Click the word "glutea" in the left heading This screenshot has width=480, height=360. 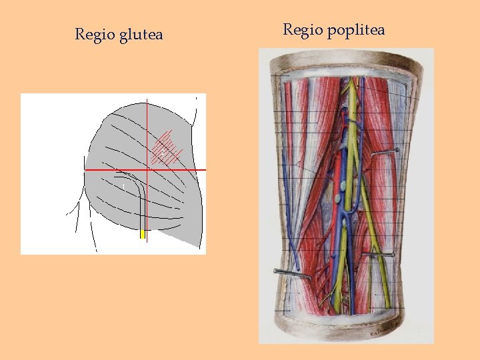(141, 35)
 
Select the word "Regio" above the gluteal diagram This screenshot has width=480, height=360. (95, 34)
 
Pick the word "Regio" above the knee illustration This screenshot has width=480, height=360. (303, 30)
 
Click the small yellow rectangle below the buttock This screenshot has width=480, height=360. (142, 234)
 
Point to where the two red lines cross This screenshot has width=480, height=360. (147, 170)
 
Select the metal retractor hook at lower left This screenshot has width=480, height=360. (291, 273)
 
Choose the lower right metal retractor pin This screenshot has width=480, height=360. (377, 255)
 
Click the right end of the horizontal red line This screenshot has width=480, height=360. (205, 170)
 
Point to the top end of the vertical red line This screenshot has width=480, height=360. (147, 96)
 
